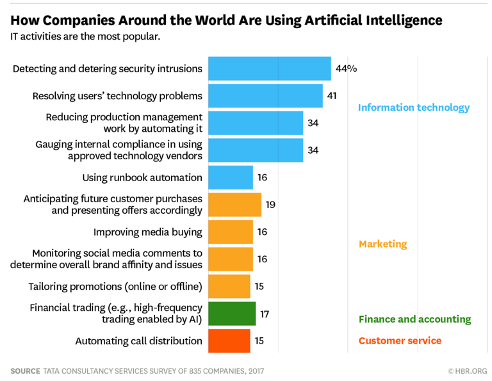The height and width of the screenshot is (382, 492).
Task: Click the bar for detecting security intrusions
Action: coord(269,68)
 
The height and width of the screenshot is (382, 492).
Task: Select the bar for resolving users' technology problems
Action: coord(265,96)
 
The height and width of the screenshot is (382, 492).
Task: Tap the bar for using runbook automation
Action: coord(231,177)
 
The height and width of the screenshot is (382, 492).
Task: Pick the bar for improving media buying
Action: coord(231,232)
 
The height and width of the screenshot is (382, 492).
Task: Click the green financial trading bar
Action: coord(232,314)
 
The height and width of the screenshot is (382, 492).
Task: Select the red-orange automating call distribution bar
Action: coord(229,340)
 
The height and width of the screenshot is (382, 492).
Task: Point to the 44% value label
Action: coord(346,68)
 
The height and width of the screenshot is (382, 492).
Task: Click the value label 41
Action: coord(332,96)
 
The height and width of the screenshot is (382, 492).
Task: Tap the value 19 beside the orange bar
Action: coord(270,205)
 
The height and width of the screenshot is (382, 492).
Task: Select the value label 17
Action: coord(265,314)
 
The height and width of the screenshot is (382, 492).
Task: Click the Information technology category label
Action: coord(413,107)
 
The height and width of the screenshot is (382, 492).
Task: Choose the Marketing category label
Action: coord(382,244)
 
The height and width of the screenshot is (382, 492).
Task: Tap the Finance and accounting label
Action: coord(414,319)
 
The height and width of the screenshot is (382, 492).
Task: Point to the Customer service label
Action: coord(400,340)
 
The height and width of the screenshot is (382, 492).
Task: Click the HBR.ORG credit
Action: coord(467,370)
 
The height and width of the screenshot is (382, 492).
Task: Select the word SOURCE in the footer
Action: coord(24,370)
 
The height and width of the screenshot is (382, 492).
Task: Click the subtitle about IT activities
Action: coord(85,36)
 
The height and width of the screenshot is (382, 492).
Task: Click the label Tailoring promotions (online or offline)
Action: coord(115,286)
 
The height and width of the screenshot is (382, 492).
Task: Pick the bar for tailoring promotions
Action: coord(229,286)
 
